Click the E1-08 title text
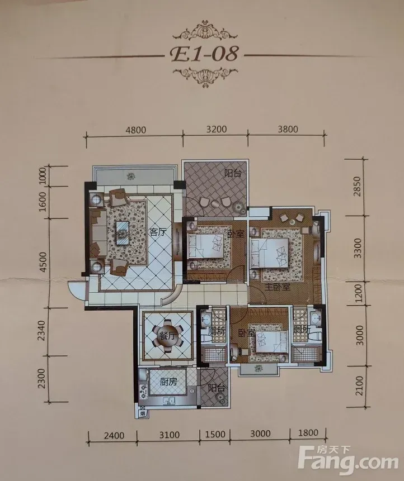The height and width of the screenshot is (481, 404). point(204,55)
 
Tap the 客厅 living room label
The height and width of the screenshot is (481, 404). point(157,232)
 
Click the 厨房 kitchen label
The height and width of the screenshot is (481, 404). point(168,382)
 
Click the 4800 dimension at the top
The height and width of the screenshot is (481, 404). point(136,130)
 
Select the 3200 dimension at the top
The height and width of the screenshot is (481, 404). point(217,129)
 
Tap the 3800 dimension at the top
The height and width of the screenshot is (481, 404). point(288,129)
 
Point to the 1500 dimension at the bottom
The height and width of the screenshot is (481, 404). point(215,435)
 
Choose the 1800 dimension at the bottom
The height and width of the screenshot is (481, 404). point(308,432)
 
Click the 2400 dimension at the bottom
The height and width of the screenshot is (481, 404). point(114,435)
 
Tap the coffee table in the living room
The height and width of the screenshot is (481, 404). point(123,233)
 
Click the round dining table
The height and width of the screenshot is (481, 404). point(168,336)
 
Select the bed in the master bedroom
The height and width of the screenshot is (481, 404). point(270,253)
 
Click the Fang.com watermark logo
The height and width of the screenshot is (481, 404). point(348,460)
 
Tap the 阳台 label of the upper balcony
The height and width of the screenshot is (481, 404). point(233,174)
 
